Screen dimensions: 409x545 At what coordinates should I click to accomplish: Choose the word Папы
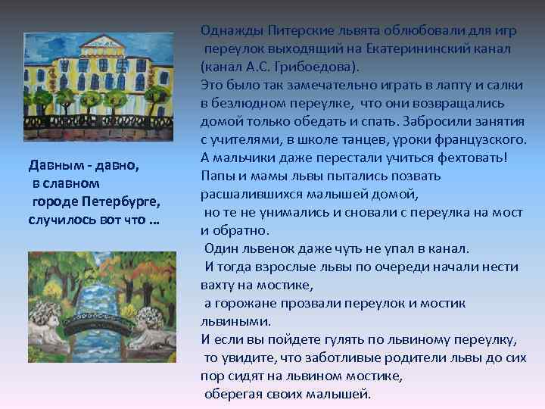click(x=215, y=175)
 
